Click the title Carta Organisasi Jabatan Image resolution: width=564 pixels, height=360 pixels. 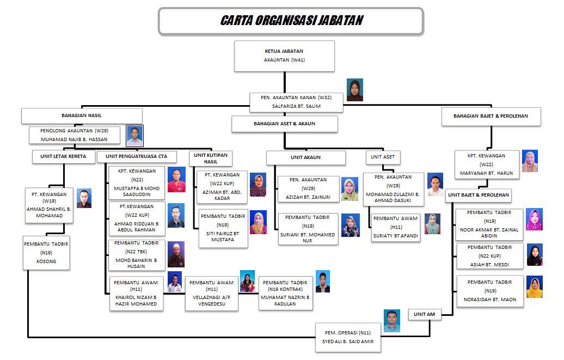[x=291, y=21]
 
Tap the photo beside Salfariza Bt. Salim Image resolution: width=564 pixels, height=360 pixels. [x=354, y=90]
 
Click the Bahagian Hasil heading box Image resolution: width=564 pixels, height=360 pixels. [x=82, y=115]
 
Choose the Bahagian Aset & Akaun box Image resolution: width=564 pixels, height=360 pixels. [x=284, y=124]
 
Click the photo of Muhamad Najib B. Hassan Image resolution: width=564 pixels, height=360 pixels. [x=134, y=136]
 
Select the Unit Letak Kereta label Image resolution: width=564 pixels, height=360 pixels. [x=63, y=156]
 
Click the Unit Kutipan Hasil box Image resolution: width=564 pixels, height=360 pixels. [x=211, y=158]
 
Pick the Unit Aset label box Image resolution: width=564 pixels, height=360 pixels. [x=383, y=157]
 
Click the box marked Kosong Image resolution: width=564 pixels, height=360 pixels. [x=46, y=253]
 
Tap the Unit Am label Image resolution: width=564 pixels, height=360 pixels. [x=424, y=314]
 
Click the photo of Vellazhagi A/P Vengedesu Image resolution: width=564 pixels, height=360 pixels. [x=247, y=281]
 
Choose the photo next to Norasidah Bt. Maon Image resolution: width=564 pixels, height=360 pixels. [x=534, y=287]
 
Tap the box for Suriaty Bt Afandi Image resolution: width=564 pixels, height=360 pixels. [x=395, y=227]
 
